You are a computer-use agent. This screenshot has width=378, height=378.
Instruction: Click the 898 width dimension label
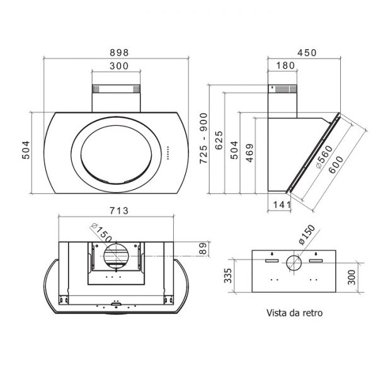[x=119, y=52]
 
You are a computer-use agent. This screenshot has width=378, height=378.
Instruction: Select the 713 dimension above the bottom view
[x=119, y=210]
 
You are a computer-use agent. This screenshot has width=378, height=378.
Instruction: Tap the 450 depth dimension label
[x=307, y=52]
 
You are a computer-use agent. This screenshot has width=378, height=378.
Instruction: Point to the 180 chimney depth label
[x=285, y=66]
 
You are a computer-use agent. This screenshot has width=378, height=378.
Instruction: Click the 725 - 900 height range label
[x=203, y=139]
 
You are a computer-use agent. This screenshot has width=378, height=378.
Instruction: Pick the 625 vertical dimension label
[x=219, y=140]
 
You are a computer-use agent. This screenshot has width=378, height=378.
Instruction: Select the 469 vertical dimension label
[x=249, y=153]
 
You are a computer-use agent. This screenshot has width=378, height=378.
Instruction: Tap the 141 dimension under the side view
[x=282, y=205]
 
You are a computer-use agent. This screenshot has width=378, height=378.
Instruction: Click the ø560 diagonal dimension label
[x=324, y=157]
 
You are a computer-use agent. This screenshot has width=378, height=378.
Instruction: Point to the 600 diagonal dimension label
[x=336, y=164]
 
